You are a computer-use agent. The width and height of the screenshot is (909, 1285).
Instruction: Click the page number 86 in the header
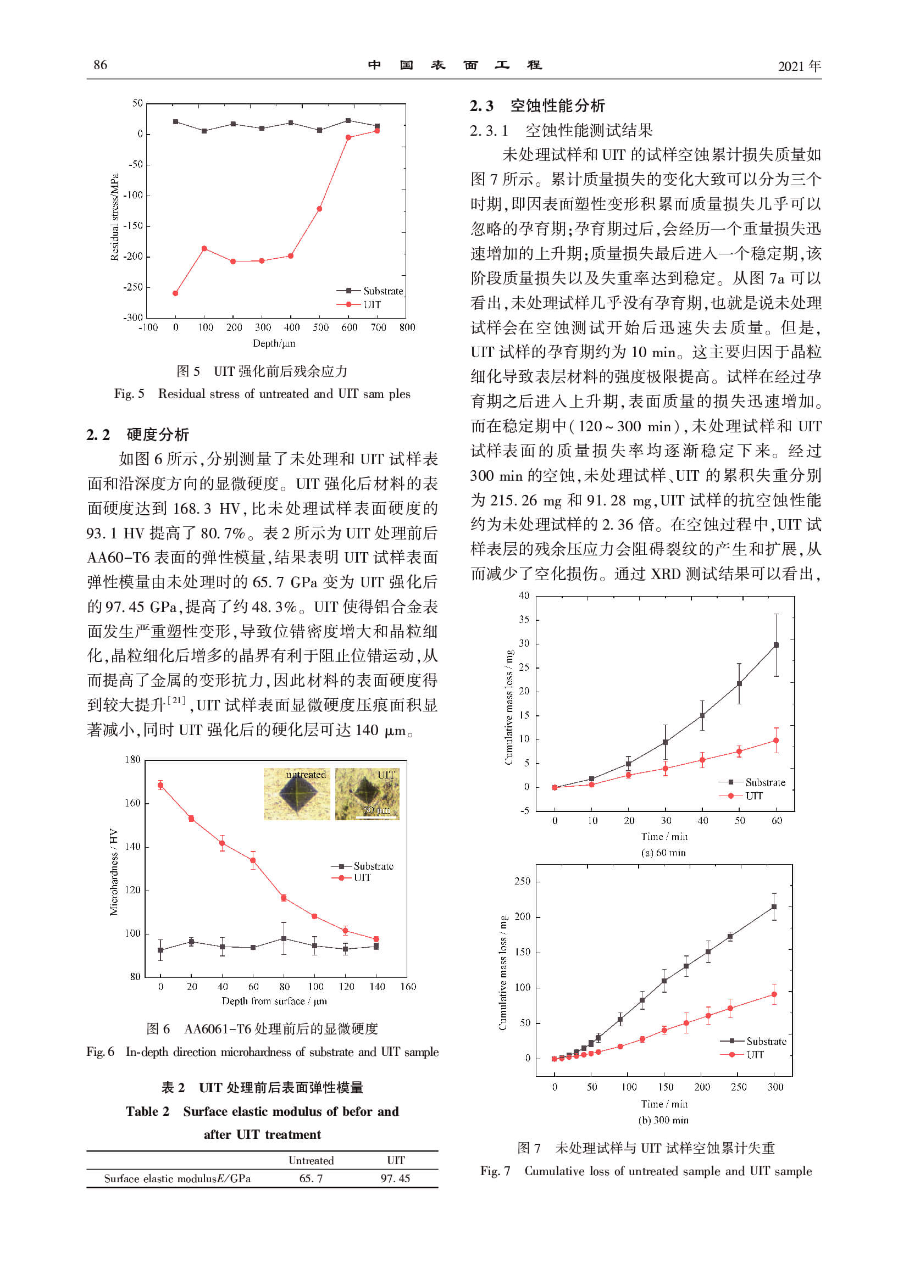tap(100, 65)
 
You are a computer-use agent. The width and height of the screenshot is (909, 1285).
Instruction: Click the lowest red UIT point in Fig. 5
tap(175, 293)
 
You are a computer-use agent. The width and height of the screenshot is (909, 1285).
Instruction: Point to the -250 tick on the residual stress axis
tap(133, 287)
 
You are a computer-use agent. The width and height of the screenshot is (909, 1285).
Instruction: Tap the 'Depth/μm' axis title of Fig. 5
tap(274, 343)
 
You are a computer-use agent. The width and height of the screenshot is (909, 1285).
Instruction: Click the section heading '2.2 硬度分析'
tap(138, 435)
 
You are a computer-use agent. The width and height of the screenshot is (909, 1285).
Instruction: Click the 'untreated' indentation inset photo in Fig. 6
tap(297, 794)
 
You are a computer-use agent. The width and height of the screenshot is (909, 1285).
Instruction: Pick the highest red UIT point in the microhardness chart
tap(160, 786)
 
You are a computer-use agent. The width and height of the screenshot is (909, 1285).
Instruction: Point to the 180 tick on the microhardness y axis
tap(132, 759)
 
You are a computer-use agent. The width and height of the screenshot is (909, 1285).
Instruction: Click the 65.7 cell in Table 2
tap(311, 1178)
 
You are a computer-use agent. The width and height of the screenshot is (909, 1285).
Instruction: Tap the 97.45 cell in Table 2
tap(395, 1178)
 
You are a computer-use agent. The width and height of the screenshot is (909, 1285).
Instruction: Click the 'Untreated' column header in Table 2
tap(311, 1160)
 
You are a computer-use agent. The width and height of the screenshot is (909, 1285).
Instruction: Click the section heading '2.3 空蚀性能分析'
tap(537, 106)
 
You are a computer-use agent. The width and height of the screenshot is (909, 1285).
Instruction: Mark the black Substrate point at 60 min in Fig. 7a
tap(776, 646)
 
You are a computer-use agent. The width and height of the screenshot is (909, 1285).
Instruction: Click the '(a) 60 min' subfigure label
tap(663, 853)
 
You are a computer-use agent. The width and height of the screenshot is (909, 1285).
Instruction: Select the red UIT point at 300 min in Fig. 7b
tap(774, 994)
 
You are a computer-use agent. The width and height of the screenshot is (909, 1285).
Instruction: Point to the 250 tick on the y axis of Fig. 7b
tap(522, 881)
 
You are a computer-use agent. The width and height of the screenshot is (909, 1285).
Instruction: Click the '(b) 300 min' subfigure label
tap(663, 1120)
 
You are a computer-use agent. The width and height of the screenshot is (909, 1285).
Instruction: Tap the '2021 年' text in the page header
tap(799, 66)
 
